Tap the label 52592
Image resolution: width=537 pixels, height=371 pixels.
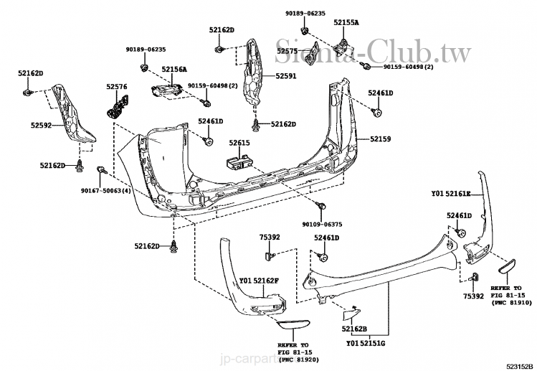[41, 125]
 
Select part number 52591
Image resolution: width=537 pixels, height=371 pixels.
[275, 77]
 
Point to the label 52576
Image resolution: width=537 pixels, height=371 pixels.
[117, 87]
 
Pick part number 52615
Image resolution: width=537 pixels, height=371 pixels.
[239, 143]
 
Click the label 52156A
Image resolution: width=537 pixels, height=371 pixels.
[174, 69]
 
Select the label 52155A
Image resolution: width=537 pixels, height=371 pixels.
[346, 23]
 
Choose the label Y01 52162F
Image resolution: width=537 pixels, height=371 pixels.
[260, 280]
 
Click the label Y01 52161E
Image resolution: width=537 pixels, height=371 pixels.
[451, 194]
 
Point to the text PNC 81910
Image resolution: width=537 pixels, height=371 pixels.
[511, 304]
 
